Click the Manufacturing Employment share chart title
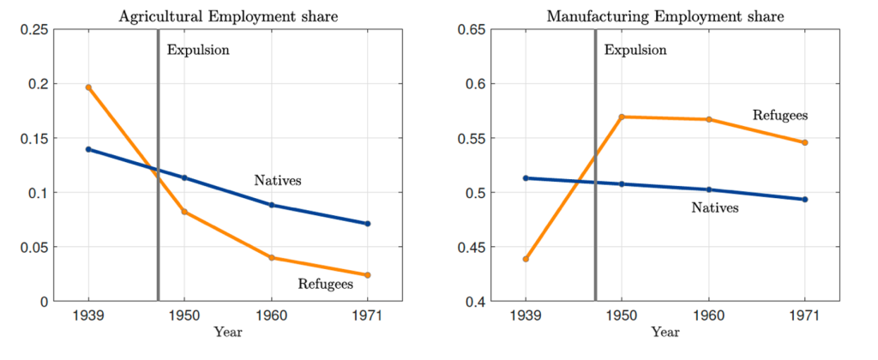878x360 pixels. [x=665, y=16]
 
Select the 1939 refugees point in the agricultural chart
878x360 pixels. [x=88, y=87]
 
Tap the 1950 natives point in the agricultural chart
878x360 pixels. [x=184, y=177]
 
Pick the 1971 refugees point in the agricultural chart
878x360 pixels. [x=368, y=275]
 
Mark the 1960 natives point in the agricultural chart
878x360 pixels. [x=272, y=205]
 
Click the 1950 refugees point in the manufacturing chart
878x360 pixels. [x=622, y=117]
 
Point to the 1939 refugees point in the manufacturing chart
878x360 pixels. [x=526, y=259]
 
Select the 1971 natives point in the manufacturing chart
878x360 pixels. [x=805, y=200]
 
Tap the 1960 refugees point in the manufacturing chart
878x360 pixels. [x=709, y=119]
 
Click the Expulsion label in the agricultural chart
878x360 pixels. [x=198, y=50]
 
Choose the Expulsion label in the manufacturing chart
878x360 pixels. [x=635, y=50]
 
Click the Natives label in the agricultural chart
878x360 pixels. [x=278, y=181]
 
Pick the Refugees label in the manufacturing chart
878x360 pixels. [x=780, y=114]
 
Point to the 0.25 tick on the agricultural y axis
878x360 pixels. [x=34, y=30]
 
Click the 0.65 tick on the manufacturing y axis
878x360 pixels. [x=472, y=30]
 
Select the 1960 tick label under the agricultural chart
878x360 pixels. [x=272, y=316]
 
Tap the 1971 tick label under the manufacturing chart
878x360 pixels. [x=805, y=316]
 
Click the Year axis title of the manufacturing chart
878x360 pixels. [x=665, y=332]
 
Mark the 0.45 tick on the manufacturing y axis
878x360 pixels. [x=472, y=248]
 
